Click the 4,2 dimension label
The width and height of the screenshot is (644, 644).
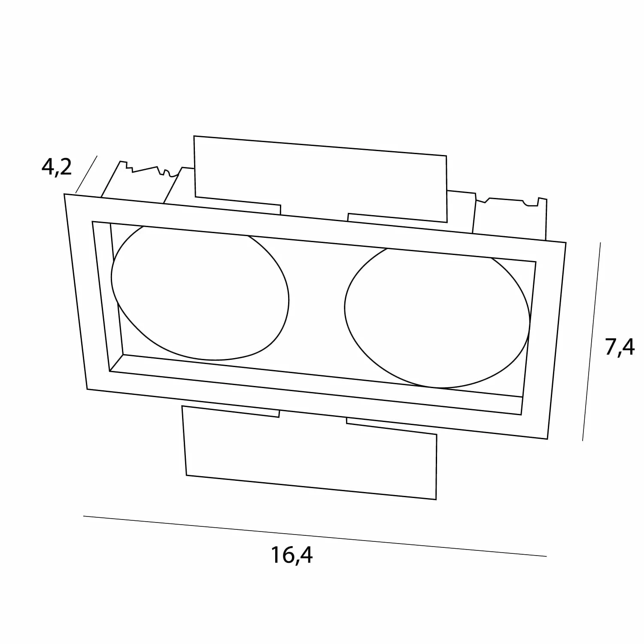tap(56, 167)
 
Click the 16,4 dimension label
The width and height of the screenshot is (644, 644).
tap(292, 555)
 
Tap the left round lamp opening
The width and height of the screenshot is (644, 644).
tap(200, 293)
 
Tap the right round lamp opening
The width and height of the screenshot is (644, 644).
tap(437, 318)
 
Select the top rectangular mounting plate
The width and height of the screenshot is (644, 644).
tap(320, 179)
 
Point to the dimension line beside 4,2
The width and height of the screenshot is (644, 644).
tap(86, 174)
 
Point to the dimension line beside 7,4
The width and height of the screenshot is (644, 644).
tap(591, 342)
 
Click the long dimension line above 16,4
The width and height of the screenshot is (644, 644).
tap(315, 536)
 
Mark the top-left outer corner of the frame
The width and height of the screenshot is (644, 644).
tap(64, 194)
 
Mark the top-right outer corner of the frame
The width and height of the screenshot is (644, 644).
tap(566, 243)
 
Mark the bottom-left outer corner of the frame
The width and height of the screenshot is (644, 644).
tap(87, 389)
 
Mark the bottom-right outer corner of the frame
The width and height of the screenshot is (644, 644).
tap(547, 439)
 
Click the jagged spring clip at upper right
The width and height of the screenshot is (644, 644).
tap(510, 217)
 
